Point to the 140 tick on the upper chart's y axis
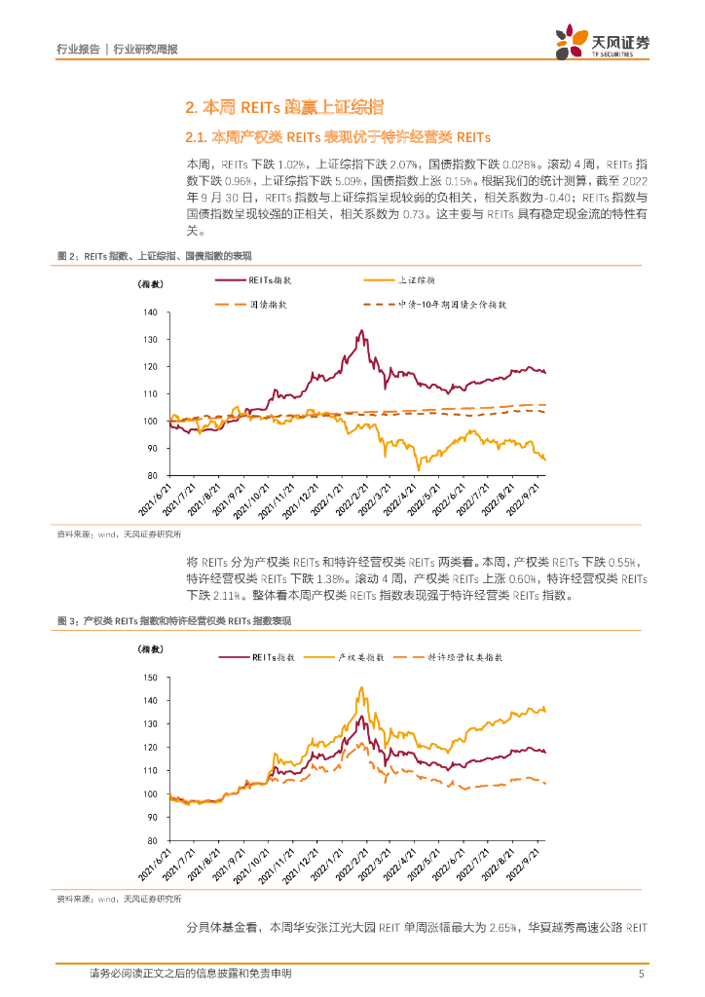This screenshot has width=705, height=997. tap(150, 313)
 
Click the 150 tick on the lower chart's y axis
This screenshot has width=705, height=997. tap(150, 678)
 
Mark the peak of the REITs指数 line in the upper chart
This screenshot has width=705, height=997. tap(361, 331)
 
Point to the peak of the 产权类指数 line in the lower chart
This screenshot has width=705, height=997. tap(361, 688)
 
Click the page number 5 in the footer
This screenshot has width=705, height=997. tap(641, 974)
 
